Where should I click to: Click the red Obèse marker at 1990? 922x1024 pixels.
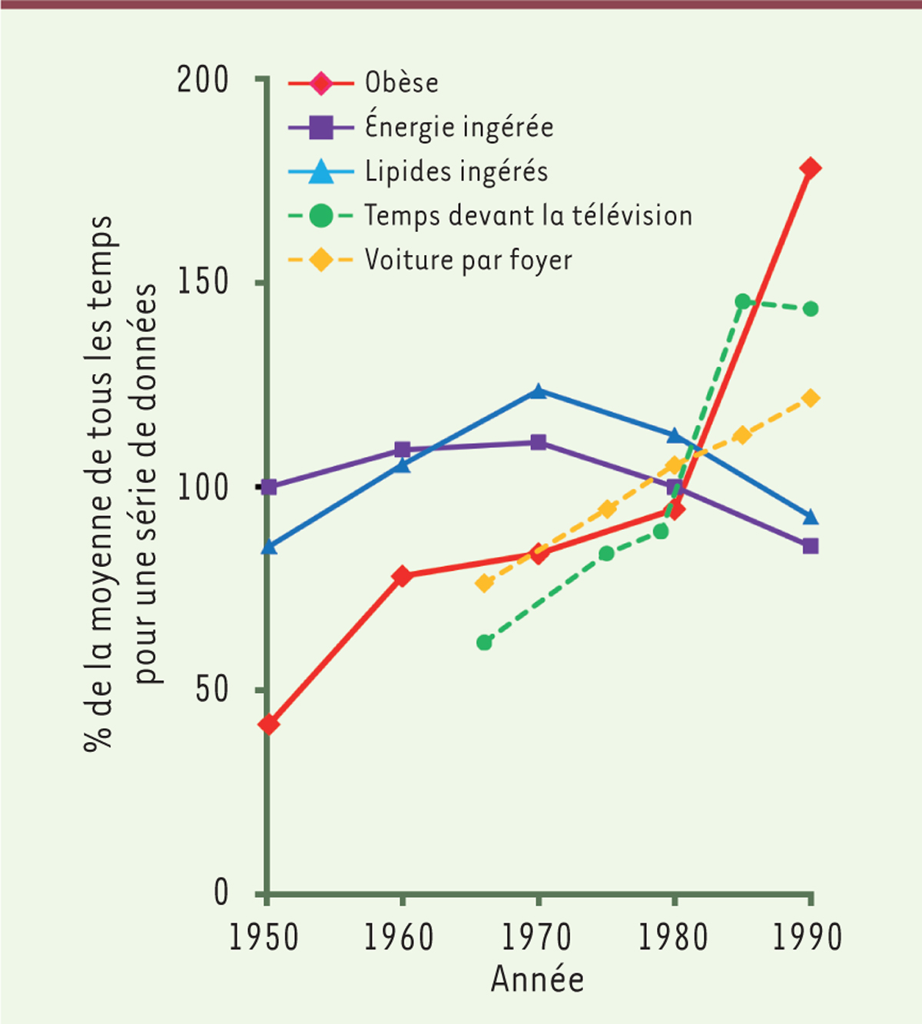[x=810, y=168]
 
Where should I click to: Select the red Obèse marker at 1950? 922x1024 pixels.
[x=269, y=724]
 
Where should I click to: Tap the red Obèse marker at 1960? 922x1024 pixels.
[x=402, y=575]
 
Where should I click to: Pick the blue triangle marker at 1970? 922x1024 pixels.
[x=538, y=391]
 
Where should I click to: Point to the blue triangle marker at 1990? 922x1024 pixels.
[x=810, y=517]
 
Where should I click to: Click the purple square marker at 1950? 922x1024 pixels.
[x=269, y=487]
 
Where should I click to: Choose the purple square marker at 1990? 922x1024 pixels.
[x=810, y=546]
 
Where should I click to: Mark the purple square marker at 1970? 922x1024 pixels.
[x=538, y=442]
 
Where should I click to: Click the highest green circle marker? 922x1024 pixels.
[x=742, y=301]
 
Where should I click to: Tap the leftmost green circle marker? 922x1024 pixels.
[x=484, y=642]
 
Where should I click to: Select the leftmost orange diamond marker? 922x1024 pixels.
[x=484, y=583]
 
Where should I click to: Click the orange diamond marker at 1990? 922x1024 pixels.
[x=810, y=398]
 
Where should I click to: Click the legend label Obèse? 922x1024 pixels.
[x=401, y=83]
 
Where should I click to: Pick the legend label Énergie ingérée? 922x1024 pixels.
[x=459, y=127]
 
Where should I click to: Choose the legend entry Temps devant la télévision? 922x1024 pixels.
[x=528, y=216]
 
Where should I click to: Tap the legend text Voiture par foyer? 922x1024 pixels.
[x=468, y=260]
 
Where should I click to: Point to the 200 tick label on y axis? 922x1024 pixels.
[x=203, y=80]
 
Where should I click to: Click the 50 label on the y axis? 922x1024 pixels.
[x=212, y=690]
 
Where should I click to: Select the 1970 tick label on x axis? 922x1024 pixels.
[x=536, y=938]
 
